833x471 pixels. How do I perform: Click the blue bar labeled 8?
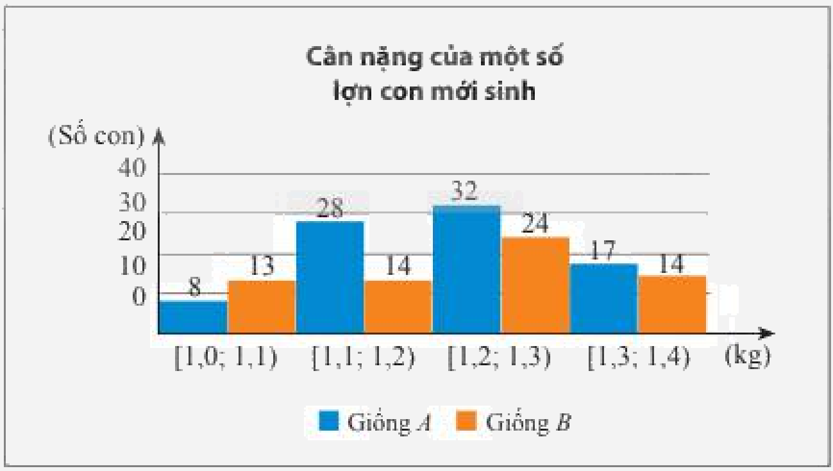click(193, 317)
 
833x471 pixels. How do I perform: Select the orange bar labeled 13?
click(262, 306)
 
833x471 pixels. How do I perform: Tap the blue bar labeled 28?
click(330, 277)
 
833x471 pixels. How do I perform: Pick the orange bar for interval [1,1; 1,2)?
click(398, 306)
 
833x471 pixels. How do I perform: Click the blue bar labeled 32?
click(466, 269)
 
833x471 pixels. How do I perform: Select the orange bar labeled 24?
click(535, 285)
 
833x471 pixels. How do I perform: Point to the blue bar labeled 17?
click(603, 298)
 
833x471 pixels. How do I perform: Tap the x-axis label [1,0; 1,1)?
click(226, 358)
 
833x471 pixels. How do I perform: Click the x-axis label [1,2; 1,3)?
click(499, 358)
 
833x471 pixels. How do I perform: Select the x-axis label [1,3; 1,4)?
click(639, 358)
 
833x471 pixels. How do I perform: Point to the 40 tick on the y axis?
click(132, 169)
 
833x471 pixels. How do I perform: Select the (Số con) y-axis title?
click(96, 136)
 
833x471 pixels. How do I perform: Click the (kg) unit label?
click(747, 356)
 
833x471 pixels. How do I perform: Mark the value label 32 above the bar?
click(464, 192)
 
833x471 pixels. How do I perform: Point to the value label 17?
click(602, 251)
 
